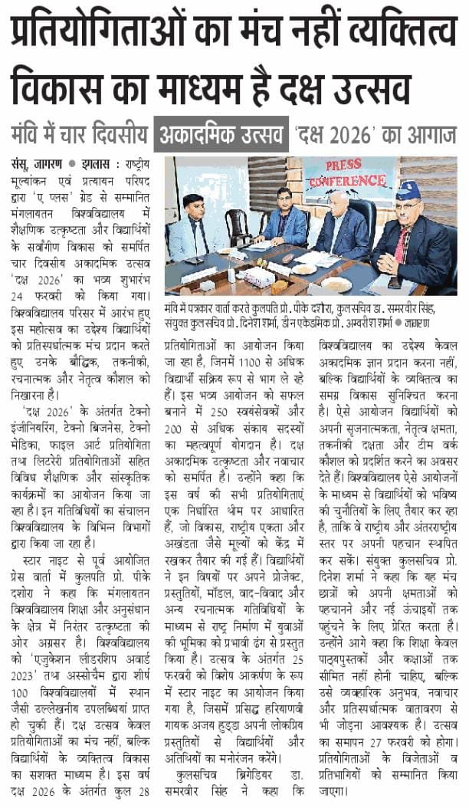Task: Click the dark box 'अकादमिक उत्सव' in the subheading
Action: click(221, 134)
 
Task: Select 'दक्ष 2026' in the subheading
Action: click(334, 134)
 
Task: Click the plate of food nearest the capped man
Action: click(334, 282)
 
